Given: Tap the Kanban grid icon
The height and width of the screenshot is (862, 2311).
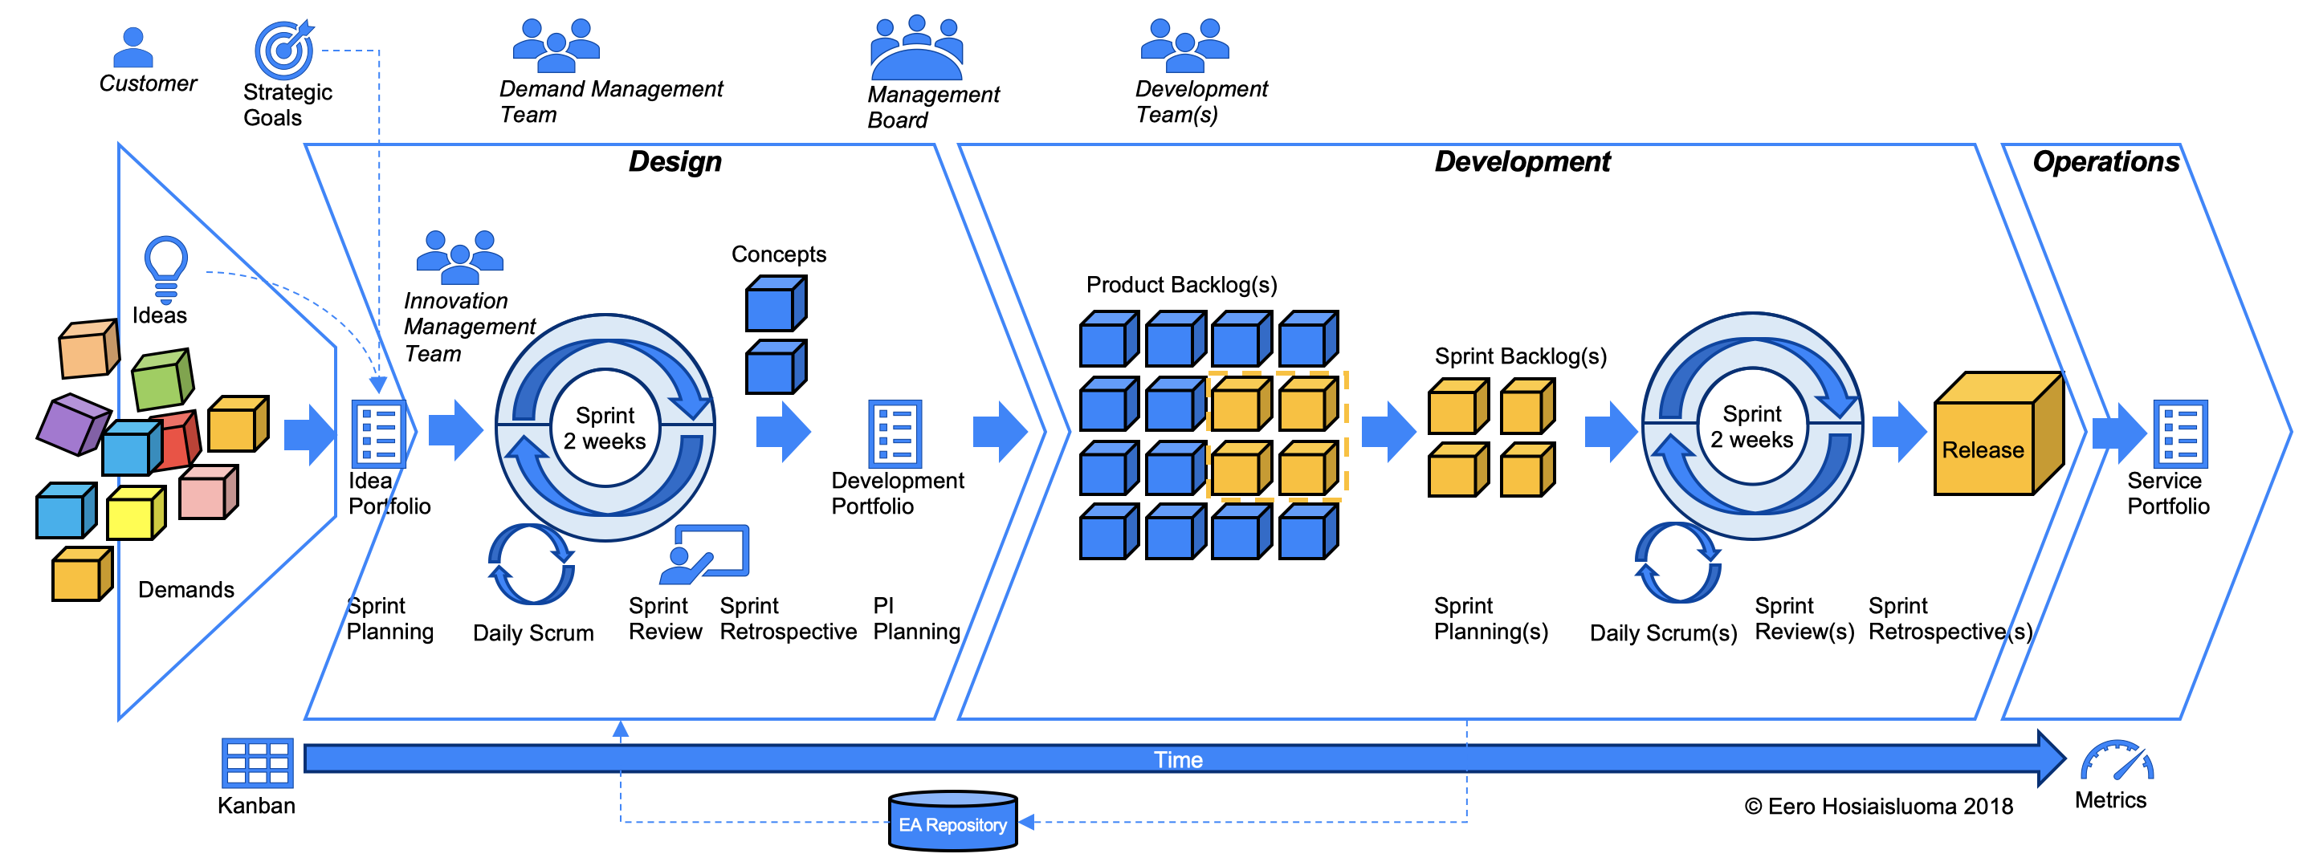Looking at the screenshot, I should pos(257,763).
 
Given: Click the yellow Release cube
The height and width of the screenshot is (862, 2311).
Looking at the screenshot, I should pos(1997,436).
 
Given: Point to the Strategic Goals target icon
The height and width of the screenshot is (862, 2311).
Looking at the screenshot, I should pos(283,49).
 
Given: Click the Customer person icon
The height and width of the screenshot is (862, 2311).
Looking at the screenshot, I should pos(133,47).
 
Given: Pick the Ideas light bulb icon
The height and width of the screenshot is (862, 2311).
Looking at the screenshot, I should pos(166,268).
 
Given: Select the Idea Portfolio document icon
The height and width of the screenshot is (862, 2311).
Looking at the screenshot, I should pos(377,433).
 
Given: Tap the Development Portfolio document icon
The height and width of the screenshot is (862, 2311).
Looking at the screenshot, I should pos(895,433).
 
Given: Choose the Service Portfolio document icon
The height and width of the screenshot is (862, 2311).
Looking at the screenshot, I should pos(2180,433).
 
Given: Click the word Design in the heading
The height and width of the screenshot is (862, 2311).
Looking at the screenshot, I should pos(675,161).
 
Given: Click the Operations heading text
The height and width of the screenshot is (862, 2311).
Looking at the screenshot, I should pos(2105,161).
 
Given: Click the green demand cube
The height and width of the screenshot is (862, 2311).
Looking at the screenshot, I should pos(162,380).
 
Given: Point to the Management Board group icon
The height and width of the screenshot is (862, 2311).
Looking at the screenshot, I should pos(916,47).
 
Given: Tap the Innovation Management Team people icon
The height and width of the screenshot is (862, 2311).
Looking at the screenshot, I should pos(459,252).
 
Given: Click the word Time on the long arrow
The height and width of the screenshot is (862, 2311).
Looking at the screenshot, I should pos(1177,760).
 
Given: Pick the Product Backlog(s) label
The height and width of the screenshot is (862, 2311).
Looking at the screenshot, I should pos(1181,285).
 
